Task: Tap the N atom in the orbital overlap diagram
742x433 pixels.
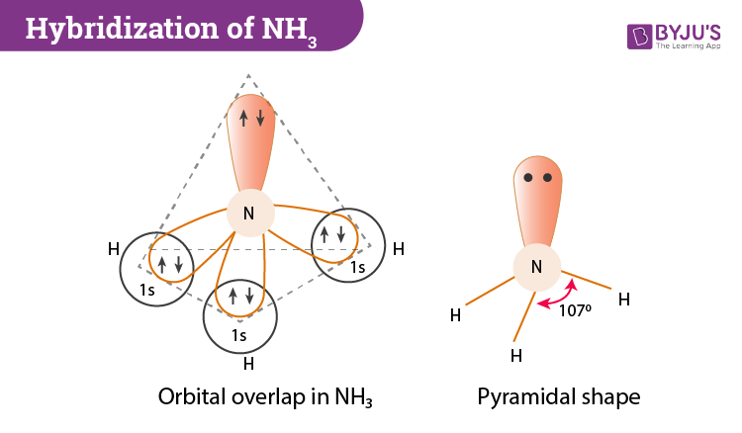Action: [248, 214]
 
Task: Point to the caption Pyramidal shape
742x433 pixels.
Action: [558, 397]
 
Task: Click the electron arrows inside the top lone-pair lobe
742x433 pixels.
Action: [248, 119]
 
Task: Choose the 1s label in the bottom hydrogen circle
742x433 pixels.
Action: [238, 335]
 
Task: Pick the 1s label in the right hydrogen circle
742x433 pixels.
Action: [356, 268]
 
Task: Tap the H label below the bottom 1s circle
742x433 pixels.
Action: [248, 363]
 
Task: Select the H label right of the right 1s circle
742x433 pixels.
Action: [398, 249]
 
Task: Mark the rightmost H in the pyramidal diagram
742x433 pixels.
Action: [623, 298]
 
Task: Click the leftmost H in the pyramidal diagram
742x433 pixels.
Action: [455, 315]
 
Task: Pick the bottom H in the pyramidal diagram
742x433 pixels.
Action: [515, 354]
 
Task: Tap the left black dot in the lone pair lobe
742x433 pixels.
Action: [529, 179]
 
